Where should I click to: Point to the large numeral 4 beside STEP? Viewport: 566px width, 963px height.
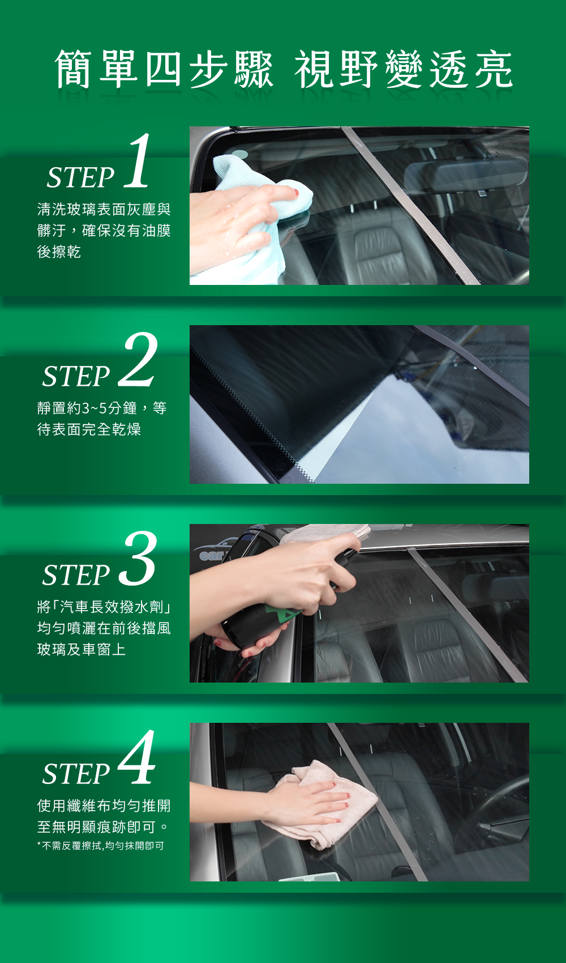(x=136, y=757)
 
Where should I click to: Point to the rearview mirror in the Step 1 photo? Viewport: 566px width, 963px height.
(x=466, y=174)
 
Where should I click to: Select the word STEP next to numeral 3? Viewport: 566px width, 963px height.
(x=76, y=575)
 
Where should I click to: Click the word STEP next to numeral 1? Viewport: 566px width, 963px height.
(x=80, y=177)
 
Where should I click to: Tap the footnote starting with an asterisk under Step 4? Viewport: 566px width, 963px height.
(x=101, y=846)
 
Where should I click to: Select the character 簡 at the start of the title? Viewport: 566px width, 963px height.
(x=74, y=69)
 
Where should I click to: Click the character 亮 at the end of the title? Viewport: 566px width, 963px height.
(x=494, y=69)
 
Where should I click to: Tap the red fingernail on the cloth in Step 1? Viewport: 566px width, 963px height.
(x=296, y=191)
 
